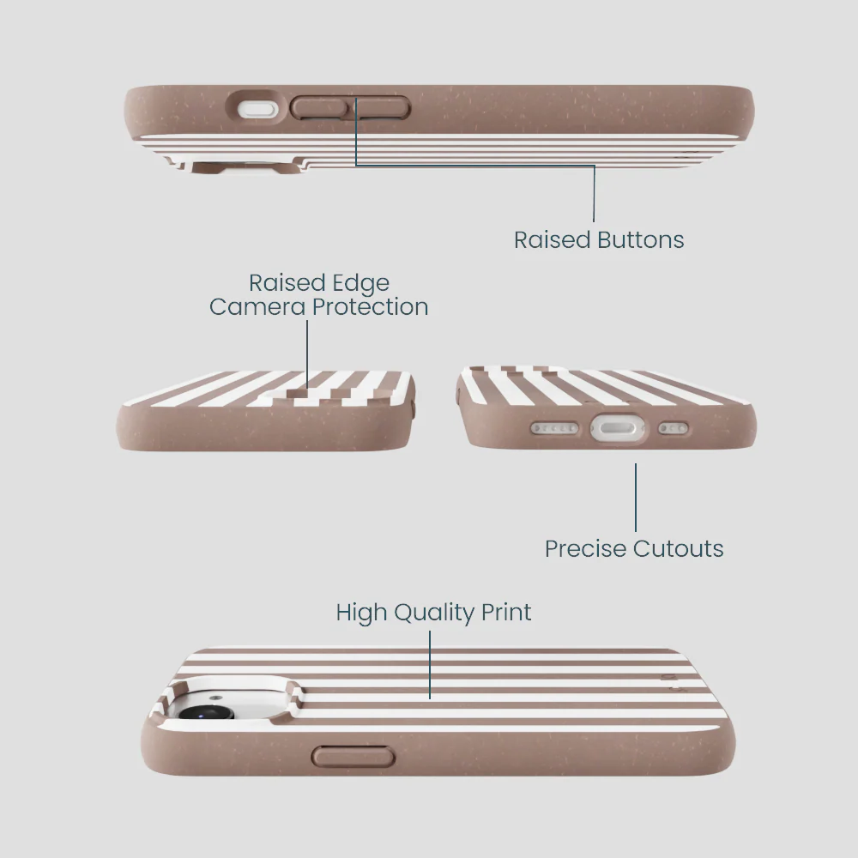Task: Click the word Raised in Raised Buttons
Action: click(552, 239)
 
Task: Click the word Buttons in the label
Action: click(640, 239)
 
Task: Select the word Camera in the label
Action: click(257, 306)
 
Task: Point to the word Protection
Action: click(370, 306)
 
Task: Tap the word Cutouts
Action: click(679, 548)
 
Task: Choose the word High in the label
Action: click(362, 613)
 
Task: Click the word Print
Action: click(506, 613)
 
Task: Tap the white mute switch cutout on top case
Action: click(257, 109)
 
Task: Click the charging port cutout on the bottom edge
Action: click(617, 427)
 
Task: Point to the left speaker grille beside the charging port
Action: click(554, 428)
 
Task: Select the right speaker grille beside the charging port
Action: click(673, 428)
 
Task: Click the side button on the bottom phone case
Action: click(353, 757)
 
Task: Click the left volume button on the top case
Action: click(319, 108)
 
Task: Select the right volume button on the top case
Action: click(383, 108)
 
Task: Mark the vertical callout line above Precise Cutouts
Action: click(635, 498)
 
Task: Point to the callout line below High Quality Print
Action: click(430, 665)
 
